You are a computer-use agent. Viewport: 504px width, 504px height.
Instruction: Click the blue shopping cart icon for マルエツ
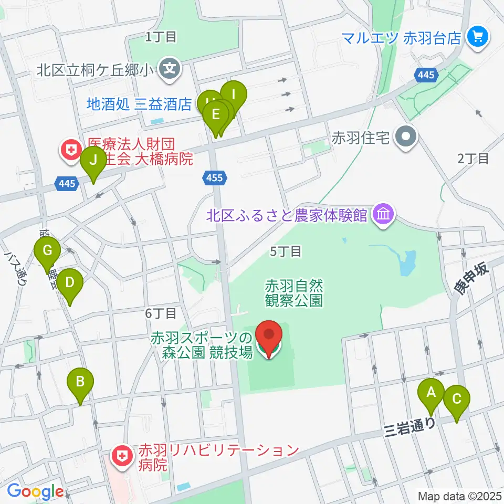point(478,37)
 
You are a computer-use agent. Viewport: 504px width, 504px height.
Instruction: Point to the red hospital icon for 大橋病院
point(70,149)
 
